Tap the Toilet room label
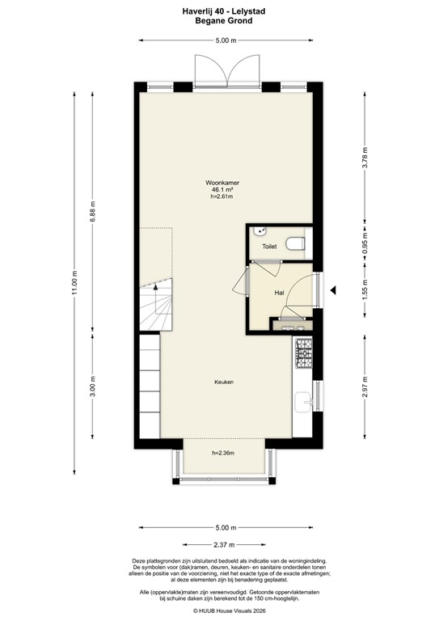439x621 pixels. click(x=269, y=247)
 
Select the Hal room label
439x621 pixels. click(x=278, y=294)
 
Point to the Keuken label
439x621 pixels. click(x=224, y=382)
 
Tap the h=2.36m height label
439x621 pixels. click(x=223, y=454)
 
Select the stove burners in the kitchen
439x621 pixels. click(x=304, y=353)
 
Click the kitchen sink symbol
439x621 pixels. click(x=305, y=399)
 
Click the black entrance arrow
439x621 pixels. click(x=333, y=291)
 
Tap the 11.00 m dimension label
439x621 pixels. click(x=74, y=282)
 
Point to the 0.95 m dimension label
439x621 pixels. click(x=365, y=251)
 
